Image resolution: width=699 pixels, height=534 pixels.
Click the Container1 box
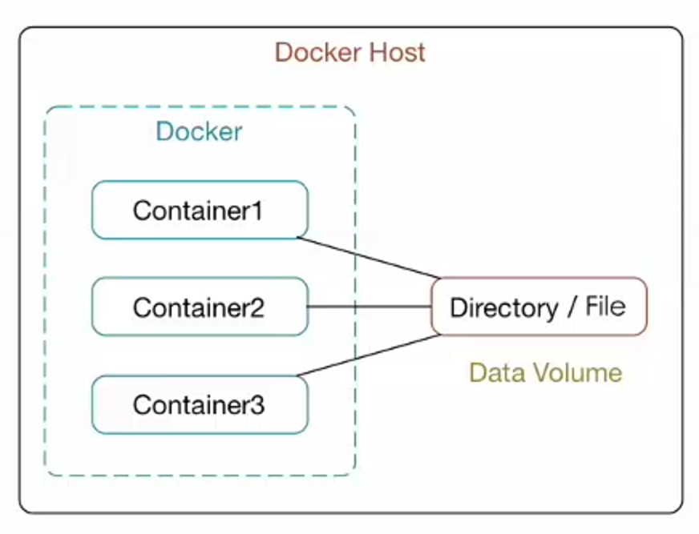[x=200, y=210]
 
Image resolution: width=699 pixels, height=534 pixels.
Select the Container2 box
[x=200, y=307]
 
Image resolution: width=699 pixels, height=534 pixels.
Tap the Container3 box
[x=200, y=404]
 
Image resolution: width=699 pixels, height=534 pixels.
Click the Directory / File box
[x=538, y=307]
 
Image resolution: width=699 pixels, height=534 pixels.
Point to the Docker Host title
[x=349, y=53]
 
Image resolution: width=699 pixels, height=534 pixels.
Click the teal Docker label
[x=199, y=131]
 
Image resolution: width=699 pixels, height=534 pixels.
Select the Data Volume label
[x=545, y=372]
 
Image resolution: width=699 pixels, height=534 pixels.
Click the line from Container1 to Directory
[x=369, y=258]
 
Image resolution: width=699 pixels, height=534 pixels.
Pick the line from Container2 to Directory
[x=370, y=307]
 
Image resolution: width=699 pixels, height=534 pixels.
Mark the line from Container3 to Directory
[x=369, y=355]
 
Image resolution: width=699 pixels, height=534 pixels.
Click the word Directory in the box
[x=503, y=307]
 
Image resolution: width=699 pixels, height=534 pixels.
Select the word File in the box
[x=605, y=307]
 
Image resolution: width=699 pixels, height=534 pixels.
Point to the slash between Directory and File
[x=571, y=307]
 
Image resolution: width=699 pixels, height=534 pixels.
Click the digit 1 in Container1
[x=258, y=211]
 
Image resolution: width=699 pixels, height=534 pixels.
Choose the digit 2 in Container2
[x=258, y=307]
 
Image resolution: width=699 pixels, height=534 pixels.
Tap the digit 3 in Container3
[x=258, y=405]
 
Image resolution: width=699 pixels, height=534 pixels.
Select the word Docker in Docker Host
[x=317, y=53]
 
